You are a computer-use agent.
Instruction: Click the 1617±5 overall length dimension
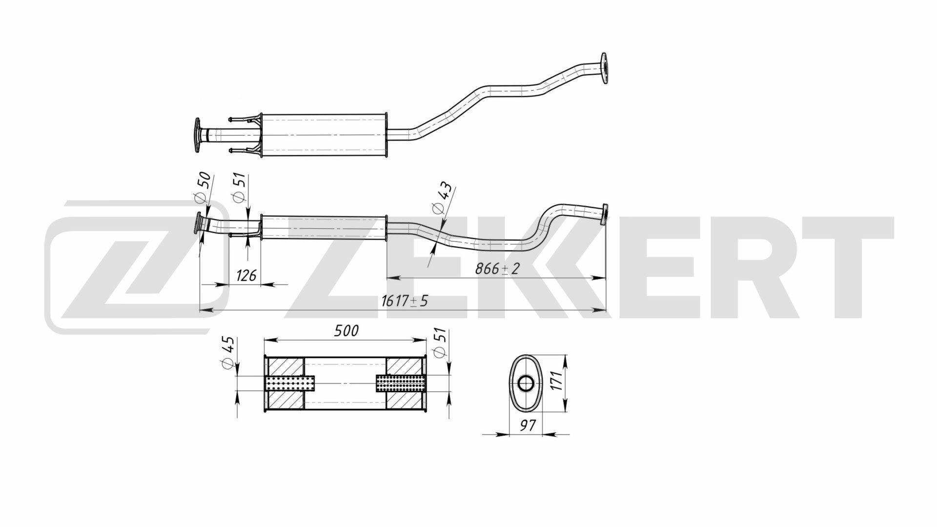[404, 301]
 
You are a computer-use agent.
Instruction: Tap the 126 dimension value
[246, 276]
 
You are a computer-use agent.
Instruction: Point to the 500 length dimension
[346, 331]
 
